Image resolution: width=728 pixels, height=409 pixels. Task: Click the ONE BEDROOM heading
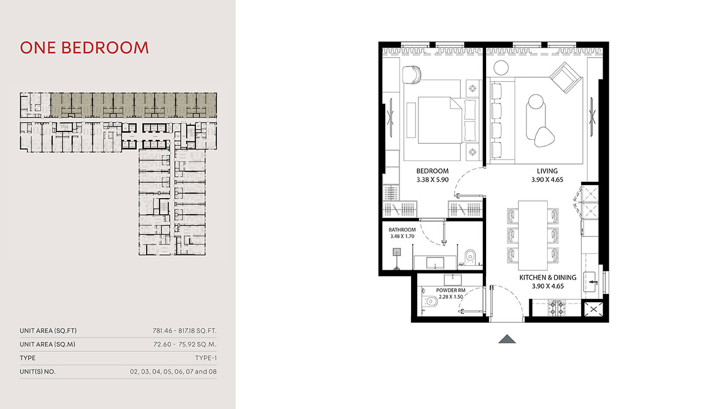85,48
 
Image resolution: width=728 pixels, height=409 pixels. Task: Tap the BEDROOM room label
432,171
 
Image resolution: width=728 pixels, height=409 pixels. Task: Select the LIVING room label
547,171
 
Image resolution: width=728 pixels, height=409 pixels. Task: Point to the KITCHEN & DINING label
548,278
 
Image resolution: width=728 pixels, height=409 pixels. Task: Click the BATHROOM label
402,230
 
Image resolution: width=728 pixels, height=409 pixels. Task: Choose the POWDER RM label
451,290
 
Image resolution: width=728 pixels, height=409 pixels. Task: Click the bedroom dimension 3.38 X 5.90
432,180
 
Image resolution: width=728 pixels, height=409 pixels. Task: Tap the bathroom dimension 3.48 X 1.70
402,237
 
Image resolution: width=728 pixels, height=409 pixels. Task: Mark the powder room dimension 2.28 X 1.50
451,297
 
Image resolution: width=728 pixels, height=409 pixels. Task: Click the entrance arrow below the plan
506,339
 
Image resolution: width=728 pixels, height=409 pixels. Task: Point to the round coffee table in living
535,103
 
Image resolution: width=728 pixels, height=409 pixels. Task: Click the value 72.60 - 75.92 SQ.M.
184,345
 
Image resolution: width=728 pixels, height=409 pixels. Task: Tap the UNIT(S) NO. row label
38,372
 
